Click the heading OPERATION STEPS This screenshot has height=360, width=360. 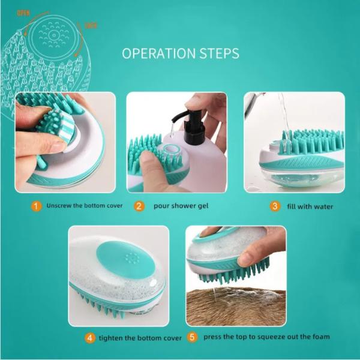180,53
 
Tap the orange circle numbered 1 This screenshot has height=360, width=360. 37,206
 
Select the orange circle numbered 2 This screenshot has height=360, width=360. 139,206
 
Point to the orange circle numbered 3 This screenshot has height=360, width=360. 275,206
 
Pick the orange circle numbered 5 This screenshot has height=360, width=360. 192,337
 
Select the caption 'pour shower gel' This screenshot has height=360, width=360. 181,206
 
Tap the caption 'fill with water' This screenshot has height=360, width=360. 311,207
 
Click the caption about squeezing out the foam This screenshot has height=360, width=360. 266,337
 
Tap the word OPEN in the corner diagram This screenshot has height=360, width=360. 23,13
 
